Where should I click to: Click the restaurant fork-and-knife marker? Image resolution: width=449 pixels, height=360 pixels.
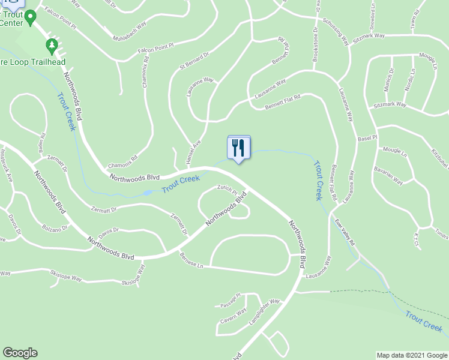tap(238, 147)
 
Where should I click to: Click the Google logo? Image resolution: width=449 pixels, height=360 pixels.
tap(20, 353)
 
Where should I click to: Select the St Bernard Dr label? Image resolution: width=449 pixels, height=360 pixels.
tap(193, 61)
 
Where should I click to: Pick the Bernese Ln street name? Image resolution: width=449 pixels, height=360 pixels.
tap(191, 261)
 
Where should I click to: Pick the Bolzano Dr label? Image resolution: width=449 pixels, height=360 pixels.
tap(56, 229)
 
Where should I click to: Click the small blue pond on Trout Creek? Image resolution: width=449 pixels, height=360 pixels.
tap(147, 193)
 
